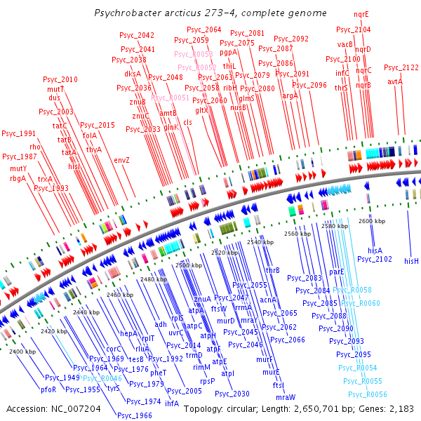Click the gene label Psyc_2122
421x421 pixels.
coord(401,67)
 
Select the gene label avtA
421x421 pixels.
coord(395,81)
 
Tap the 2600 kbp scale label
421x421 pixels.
coord(371,221)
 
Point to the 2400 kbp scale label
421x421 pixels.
coord(22,351)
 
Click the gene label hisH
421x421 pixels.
coord(411,261)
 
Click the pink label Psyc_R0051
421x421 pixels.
coord(170,98)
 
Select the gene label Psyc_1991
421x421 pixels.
coord(18,133)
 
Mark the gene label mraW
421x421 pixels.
coord(286,397)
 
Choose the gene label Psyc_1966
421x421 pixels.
coord(135,415)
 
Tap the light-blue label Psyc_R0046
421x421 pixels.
coord(102,378)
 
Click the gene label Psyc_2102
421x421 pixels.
coord(375,260)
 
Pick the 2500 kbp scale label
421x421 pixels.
coord(188,265)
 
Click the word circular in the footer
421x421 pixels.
coord(248,408)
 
